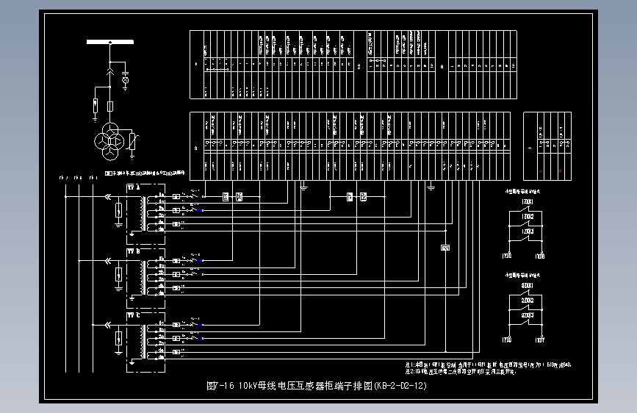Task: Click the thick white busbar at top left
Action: click(x=110, y=42)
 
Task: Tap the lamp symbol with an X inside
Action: click(x=125, y=79)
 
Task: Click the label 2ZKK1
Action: click(x=527, y=285)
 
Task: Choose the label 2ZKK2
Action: click(x=527, y=301)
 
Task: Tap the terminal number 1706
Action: click(x=541, y=256)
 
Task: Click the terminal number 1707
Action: click(x=541, y=340)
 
